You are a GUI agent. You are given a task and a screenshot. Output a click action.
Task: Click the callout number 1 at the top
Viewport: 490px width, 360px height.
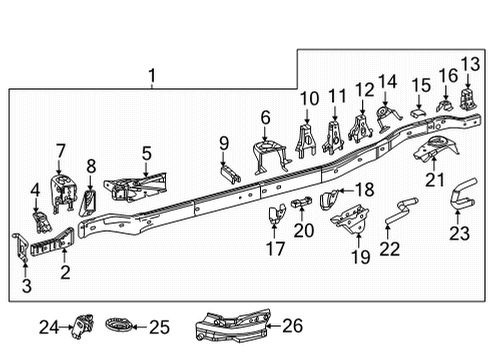[x=152, y=75]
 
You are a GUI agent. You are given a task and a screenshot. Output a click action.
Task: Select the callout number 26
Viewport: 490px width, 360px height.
[x=292, y=325]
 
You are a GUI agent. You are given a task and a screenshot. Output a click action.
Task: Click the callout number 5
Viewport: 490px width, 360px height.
[x=146, y=153]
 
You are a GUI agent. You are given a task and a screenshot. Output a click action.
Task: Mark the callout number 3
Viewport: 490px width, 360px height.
[x=27, y=288]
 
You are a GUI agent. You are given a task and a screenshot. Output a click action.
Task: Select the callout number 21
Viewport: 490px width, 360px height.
[x=433, y=180]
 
